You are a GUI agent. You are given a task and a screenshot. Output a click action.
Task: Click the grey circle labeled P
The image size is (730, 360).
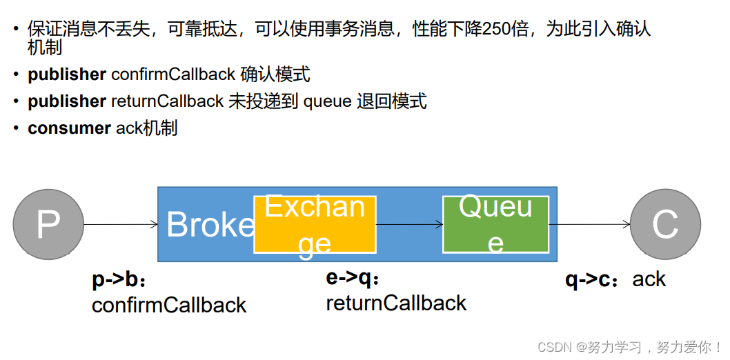48,224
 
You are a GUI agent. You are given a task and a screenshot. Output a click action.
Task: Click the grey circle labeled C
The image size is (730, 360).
665,224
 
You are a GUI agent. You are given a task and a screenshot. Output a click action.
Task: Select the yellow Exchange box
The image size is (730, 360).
315,224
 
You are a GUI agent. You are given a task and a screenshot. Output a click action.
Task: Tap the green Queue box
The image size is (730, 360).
495,224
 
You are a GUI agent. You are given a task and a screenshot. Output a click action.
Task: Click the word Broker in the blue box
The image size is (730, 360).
210,225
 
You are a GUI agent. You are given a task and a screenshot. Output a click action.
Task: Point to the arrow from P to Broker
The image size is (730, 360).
121,224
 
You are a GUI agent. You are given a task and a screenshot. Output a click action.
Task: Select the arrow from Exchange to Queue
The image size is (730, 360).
409,224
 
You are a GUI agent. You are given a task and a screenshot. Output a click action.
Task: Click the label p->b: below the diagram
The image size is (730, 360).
119,280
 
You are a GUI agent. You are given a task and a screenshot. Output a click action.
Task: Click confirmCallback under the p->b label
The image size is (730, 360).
169,305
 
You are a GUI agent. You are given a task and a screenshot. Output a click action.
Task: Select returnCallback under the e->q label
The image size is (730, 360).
396,303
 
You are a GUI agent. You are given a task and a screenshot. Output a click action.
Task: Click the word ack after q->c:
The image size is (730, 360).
649,279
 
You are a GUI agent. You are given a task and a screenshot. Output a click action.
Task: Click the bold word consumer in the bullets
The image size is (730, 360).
69,128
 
